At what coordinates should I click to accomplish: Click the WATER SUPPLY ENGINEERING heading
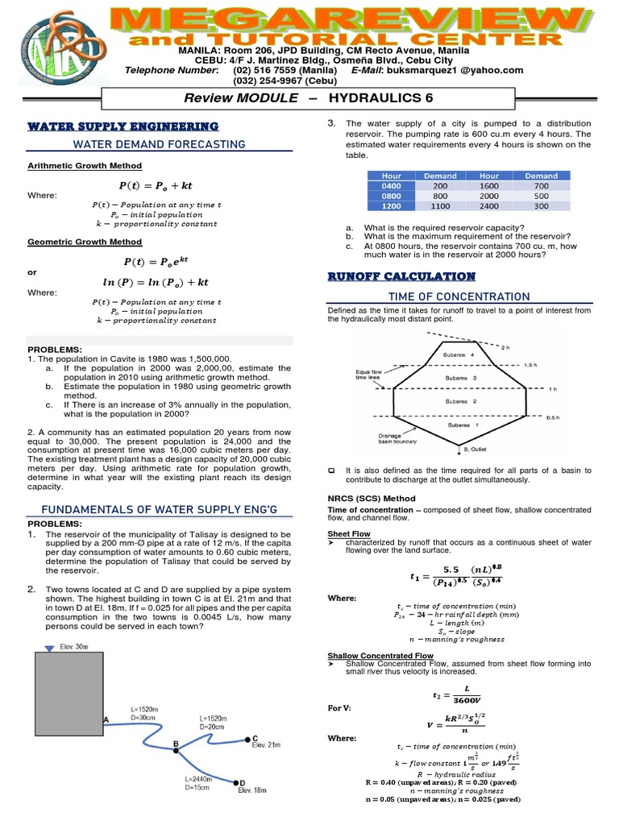[123, 126]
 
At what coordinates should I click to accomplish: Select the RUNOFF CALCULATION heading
[401, 276]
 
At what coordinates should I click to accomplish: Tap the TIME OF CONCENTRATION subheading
[459, 296]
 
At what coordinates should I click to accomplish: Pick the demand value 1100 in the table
[439, 205]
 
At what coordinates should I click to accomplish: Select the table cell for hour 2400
[489, 205]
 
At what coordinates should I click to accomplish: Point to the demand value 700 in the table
[541, 185]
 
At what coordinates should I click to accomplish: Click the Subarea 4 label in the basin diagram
[460, 354]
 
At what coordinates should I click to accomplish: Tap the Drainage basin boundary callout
[373, 440]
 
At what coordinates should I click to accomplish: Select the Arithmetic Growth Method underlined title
[85, 166]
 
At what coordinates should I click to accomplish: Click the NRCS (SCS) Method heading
[370, 499]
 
